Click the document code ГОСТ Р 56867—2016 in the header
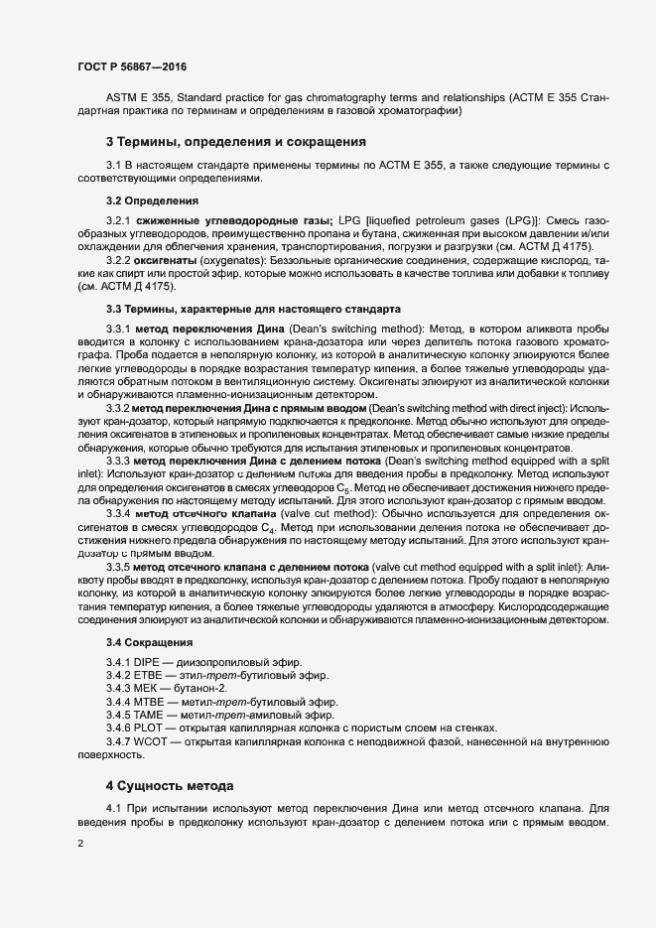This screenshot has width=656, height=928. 131,66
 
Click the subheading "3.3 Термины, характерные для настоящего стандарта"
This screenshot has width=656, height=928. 253,309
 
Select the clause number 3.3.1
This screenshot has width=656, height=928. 118,327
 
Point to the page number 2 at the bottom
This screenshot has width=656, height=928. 79,845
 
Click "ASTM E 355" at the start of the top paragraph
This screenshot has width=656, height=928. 135,98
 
